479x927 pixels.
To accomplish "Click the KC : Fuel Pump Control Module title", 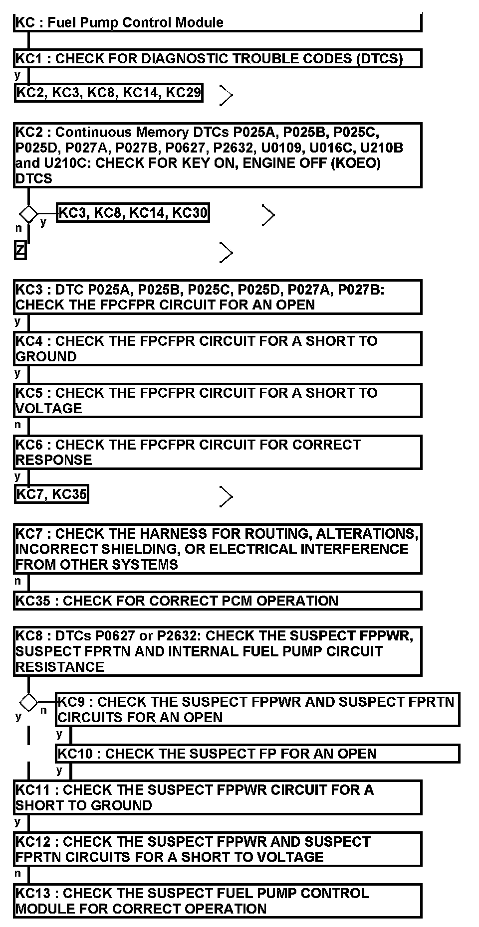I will click(x=120, y=22).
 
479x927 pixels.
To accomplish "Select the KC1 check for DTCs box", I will click(x=218, y=59).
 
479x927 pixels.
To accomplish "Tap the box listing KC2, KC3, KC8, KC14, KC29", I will click(x=109, y=92).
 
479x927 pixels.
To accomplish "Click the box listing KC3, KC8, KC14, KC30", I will click(x=133, y=213).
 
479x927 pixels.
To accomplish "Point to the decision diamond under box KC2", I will click(x=28, y=214).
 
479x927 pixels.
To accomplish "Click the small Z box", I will click(x=20, y=250).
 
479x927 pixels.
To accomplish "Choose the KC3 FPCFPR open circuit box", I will click(x=218, y=297).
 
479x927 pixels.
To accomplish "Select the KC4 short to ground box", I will click(x=218, y=349).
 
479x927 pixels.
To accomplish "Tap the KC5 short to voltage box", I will click(x=218, y=400).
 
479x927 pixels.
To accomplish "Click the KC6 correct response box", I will click(x=218, y=452).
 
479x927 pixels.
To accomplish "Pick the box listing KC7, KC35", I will click(x=52, y=494).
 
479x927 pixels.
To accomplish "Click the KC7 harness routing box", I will click(x=218, y=549).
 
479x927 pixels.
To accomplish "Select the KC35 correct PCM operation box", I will click(x=218, y=601).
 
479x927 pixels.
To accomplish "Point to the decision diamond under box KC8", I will click(x=28, y=703).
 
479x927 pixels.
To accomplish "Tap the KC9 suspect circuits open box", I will click(x=257, y=709).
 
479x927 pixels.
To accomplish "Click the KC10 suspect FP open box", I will click(x=257, y=754).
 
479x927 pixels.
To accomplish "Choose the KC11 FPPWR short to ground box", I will click(x=218, y=797).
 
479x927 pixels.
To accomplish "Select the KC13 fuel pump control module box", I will click(x=218, y=901).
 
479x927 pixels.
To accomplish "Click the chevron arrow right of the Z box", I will click(x=226, y=253).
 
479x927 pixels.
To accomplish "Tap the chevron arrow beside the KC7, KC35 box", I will click(x=226, y=496).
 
